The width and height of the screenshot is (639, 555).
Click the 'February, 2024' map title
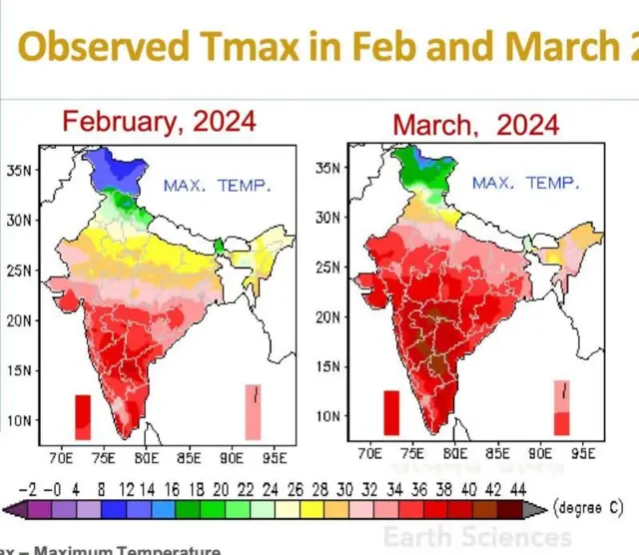click(x=159, y=122)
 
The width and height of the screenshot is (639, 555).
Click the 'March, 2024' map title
click(x=474, y=125)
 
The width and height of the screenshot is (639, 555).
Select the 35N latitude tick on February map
click(x=23, y=170)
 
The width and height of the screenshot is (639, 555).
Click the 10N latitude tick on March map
click(x=330, y=414)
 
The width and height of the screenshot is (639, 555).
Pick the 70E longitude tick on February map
click(x=61, y=458)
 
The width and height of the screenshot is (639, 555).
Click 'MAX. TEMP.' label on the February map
click(x=217, y=186)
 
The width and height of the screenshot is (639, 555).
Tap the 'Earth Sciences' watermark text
click(x=476, y=536)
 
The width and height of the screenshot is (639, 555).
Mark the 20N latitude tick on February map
click(x=23, y=320)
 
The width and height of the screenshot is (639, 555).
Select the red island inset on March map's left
click(x=391, y=412)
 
